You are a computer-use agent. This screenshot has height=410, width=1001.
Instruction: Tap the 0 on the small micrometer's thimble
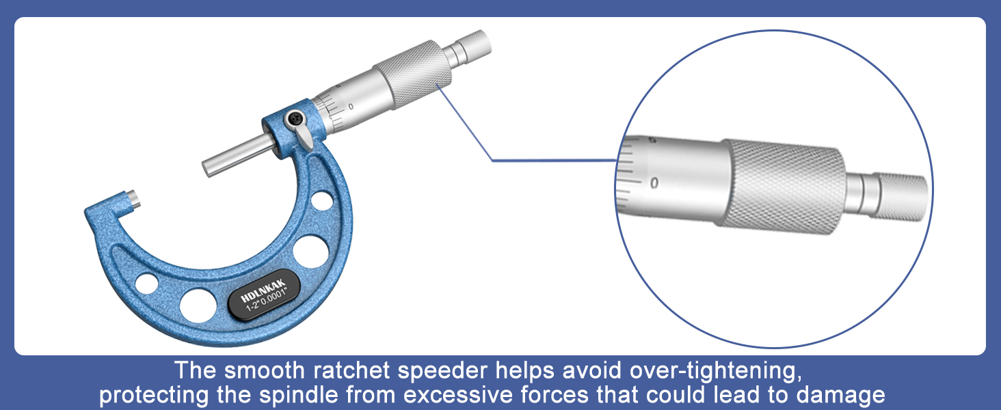tap(351, 107)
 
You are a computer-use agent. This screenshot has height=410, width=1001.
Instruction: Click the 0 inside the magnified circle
tap(654, 182)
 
